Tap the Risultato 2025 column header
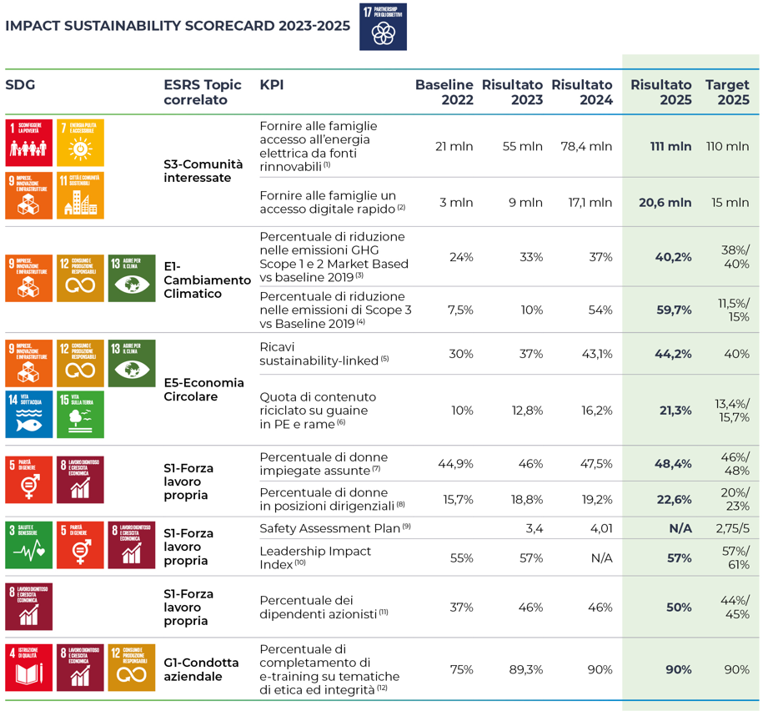coord(660,92)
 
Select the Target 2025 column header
coord(727,92)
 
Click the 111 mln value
coord(670,146)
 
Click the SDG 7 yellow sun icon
coord(81,142)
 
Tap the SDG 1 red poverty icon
coord(29,142)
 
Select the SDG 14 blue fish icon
coord(29,414)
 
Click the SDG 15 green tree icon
coord(81,414)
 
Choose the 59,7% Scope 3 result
coord(674,310)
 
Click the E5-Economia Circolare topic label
coord(204,389)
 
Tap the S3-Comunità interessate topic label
coord(203,171)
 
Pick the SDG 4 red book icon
coord(29,667)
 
